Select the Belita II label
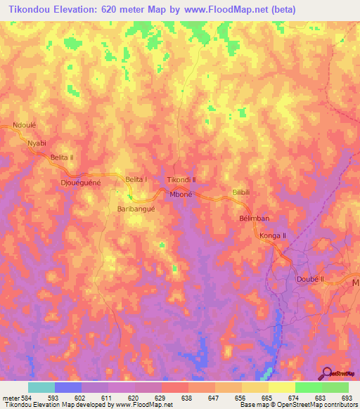pos(62,159)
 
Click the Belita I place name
pos(136,180)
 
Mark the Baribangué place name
pos(136,209)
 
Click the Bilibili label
pos(241,191)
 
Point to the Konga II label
pos(274,235)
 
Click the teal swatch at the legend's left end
pos(41,387)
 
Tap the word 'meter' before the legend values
pos(11,397)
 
